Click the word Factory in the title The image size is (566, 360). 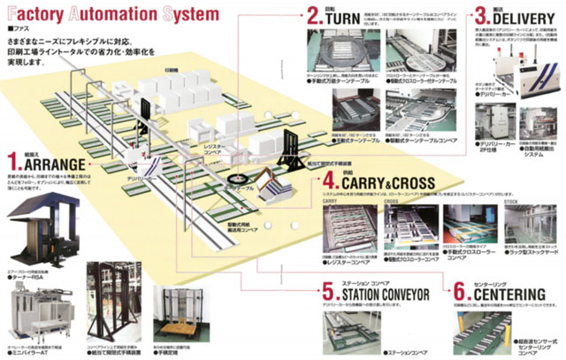pyautogui.click(x=39, y=15)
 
